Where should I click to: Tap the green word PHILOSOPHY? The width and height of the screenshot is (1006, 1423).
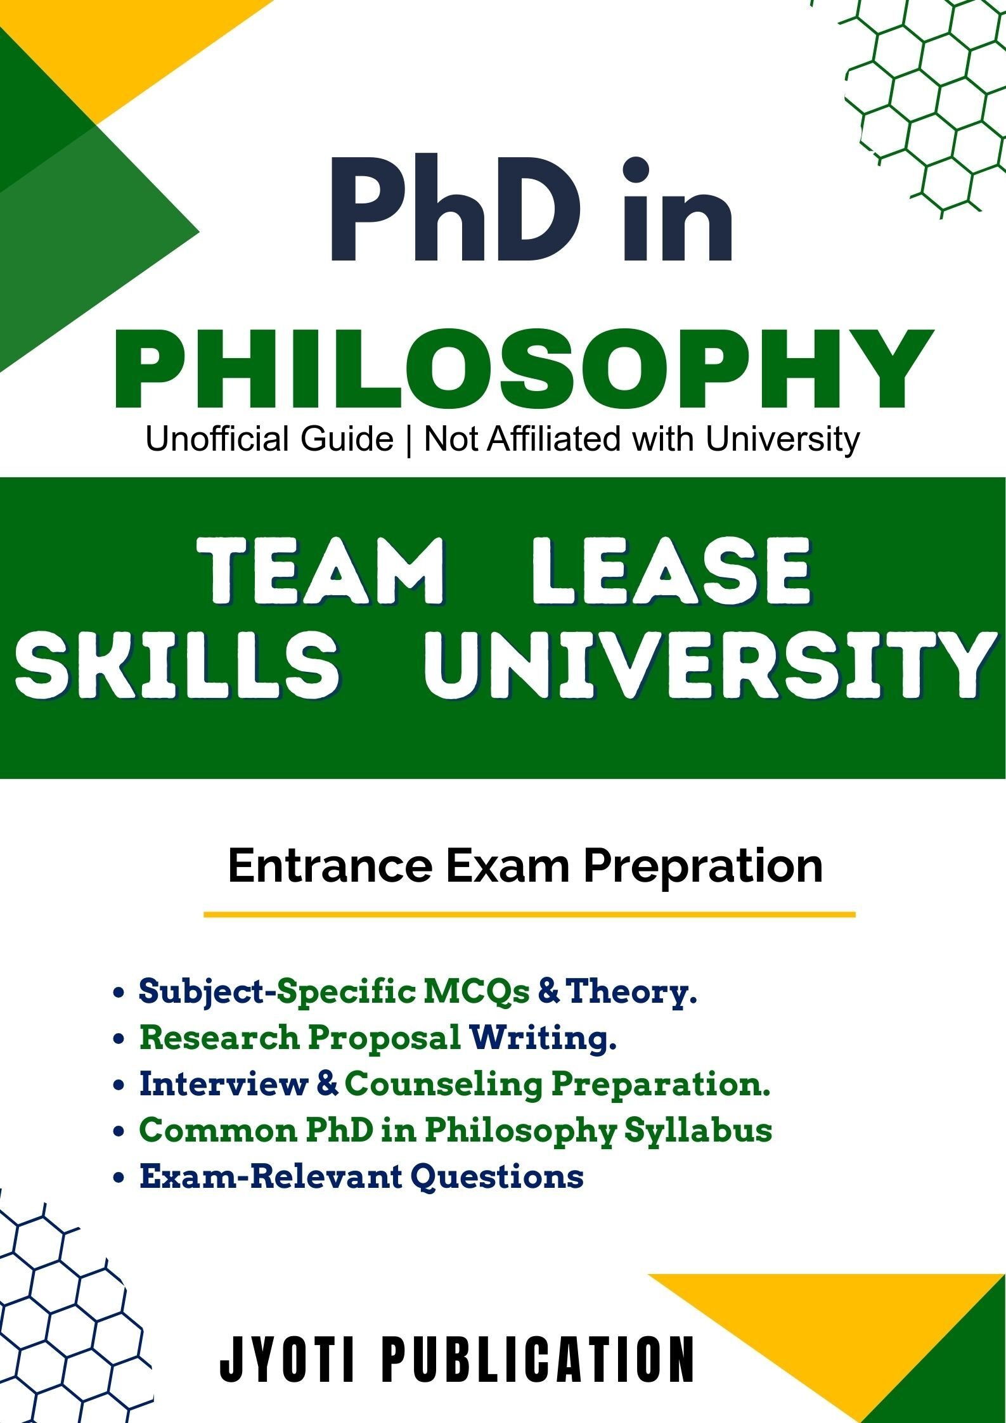tap(523, 370)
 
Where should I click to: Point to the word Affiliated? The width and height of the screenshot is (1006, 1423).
tap(553, 439)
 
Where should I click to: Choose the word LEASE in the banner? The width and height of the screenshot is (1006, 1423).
tap(671, 571)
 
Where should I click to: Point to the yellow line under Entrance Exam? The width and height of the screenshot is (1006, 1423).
tap(529, 915)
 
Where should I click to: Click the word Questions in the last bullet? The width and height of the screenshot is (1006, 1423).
tap(497, 1177)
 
